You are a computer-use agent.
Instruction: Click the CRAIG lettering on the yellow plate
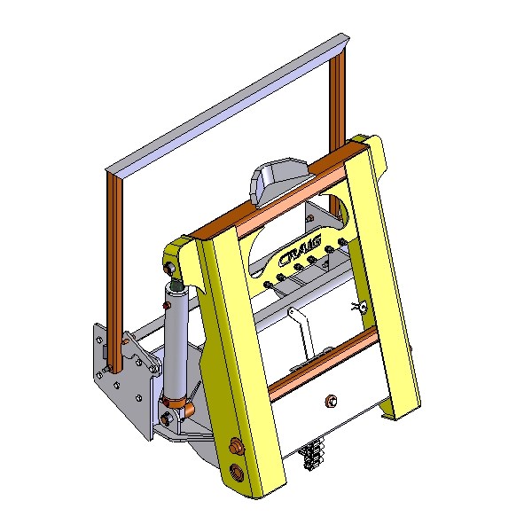[300, 250]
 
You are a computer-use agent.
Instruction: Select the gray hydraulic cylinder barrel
[176, 341]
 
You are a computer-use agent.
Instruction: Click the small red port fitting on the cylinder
[166, 306]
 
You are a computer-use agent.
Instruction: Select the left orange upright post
[114, 271]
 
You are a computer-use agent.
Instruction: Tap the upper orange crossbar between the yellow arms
[279, 190]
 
